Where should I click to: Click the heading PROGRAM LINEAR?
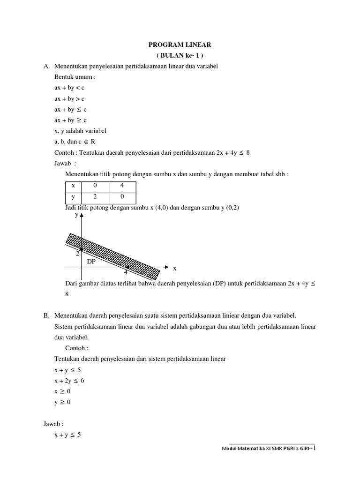coord(180,45)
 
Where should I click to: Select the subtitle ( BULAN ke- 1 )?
coord(180,56)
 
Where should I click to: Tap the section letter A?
coord(45,67)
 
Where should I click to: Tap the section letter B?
coord(45,315)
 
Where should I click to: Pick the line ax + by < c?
coord(69,88)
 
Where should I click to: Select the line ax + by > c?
coord(69,99)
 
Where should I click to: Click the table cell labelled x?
coord(73,186)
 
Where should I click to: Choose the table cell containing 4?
coord(122,186)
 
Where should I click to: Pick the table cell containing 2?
coord(94,197)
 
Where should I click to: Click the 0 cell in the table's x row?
coord(94,186)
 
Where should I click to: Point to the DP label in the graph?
coord(91,262)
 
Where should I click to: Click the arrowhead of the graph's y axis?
coord(82,216)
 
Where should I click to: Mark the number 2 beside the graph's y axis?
coord(77,254)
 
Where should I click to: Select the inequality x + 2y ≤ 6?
coord(69,381)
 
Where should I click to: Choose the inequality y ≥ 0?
coord(64,402)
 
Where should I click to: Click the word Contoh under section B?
coord(77,348)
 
